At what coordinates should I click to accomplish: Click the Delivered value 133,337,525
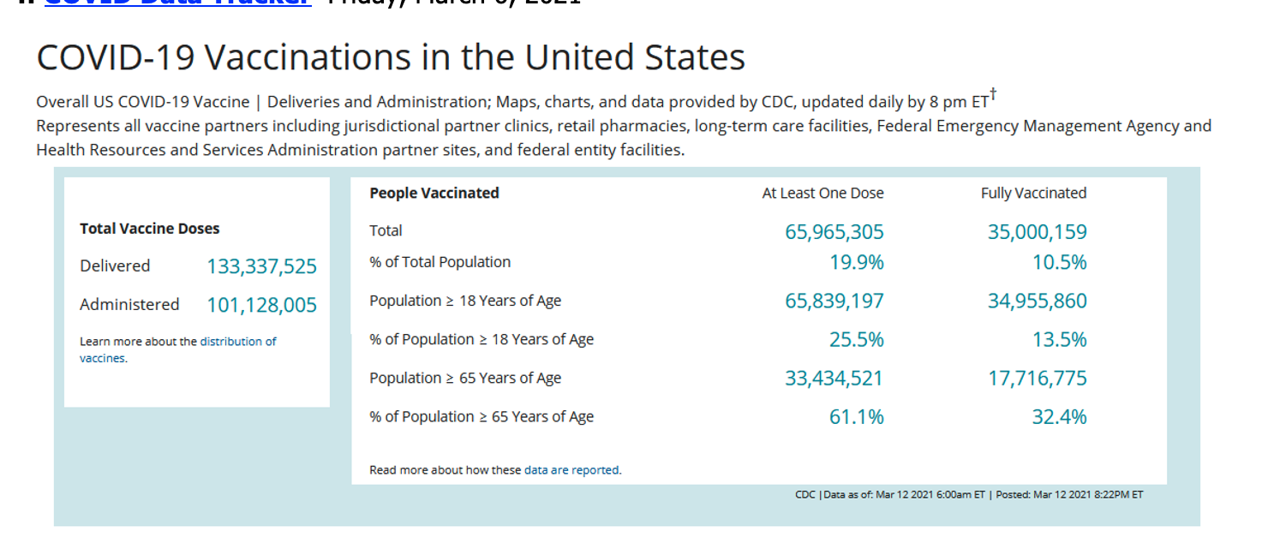tap(261, 267)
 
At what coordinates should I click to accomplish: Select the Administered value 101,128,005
tap(261, 306)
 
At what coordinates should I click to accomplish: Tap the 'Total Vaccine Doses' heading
tap(150, 229)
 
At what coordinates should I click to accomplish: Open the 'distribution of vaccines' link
tap(237, 342)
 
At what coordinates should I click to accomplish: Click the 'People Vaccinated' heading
tap(434, 194)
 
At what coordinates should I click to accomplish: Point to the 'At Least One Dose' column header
tap(822, 194)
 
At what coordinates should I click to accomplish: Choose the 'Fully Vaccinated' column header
tap(1033, 194)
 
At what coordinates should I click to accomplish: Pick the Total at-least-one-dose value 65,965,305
tap(834, 232)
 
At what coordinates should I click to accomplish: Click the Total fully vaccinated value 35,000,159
tap(1037, 232)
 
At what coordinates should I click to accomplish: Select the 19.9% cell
tap(856, 263)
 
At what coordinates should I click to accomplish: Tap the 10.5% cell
tap(1059, 263)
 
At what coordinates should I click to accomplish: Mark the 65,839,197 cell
tap(834, 301)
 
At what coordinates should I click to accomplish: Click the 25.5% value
tap(856, 340)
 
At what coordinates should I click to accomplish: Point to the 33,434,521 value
tap(834, 379)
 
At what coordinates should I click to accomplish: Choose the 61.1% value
tap(856, 417)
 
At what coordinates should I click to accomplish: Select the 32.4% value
tap(1059, 417)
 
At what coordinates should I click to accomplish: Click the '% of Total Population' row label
tap(440, 262)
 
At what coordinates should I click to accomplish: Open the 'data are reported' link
tap(571, 470)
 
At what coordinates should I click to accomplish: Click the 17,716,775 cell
tap(1037, 379)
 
